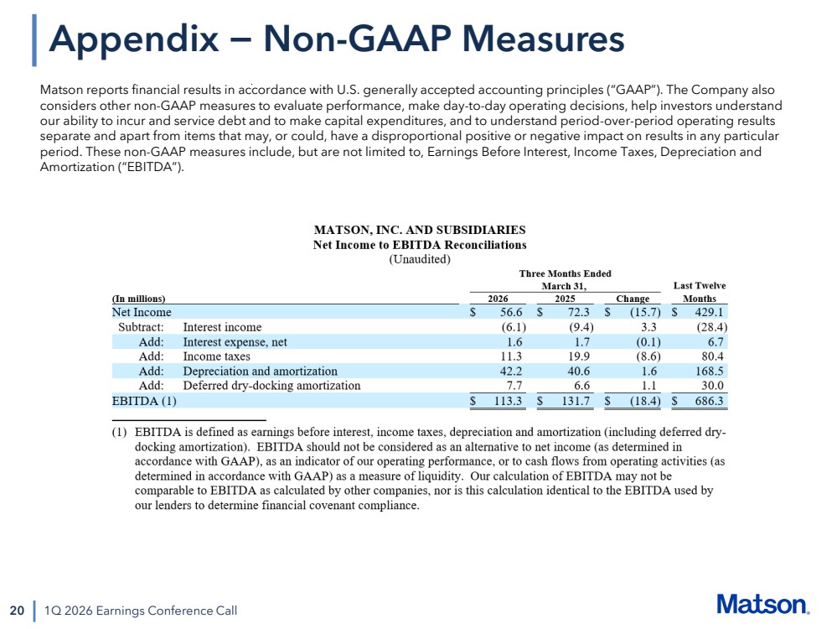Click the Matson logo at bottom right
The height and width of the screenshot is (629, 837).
click(762, 605)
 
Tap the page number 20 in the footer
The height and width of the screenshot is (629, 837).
click(17, 611)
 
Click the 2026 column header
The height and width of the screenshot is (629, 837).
click(498, 299)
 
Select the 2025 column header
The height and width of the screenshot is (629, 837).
click(565, 299)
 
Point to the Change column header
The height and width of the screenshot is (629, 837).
click(633, 299)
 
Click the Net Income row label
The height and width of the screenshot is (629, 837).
click(142, 312)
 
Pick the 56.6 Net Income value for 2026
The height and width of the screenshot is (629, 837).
click(511, 312)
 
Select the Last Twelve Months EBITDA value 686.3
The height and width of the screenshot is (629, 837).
click(709, 401)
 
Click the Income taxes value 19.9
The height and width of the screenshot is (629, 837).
click(579, 356)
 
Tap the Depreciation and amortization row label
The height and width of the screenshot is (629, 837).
click(260, 371)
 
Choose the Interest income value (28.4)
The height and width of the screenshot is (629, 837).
click(712, 327)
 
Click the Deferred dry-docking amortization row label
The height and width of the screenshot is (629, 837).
click(271, 385)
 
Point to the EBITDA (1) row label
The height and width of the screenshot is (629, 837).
click(144, 401)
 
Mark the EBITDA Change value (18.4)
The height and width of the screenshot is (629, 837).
click(645, 401)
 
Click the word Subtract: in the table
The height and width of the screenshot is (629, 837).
click(141, 327)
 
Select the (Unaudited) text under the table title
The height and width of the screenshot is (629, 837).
click(420, 259)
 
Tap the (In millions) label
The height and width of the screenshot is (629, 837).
click(138, 299)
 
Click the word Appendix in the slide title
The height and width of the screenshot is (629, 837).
click(134, 39)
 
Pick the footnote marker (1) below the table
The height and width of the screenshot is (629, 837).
click(119, 432)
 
